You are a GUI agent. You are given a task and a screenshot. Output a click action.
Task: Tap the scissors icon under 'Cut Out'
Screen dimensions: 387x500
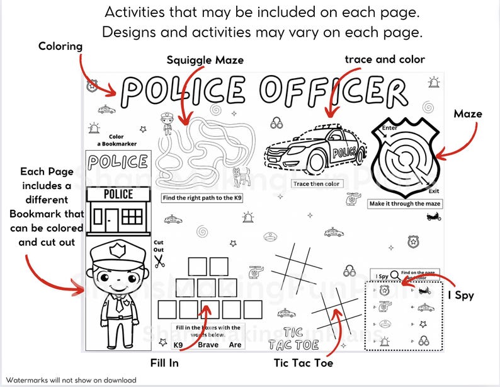click(x=159, y=258)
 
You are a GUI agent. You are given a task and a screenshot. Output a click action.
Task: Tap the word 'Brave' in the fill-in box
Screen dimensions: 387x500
click(x=208, y=345)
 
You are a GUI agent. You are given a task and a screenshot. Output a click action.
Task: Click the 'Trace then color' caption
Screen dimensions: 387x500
click(x=315, y=183)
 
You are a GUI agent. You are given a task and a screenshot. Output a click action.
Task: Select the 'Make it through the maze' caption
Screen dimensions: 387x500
click(x=405, y=204)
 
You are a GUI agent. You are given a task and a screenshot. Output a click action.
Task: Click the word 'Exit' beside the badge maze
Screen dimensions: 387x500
click(x=433, y=190)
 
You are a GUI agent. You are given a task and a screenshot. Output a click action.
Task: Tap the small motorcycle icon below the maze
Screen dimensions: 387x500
click(x=433, y=217)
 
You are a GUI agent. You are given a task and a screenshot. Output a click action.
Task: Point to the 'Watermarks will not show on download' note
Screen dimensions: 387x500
click(x=71, y=380)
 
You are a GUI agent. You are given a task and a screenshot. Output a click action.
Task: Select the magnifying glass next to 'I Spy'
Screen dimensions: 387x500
click(x=394, y=274)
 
